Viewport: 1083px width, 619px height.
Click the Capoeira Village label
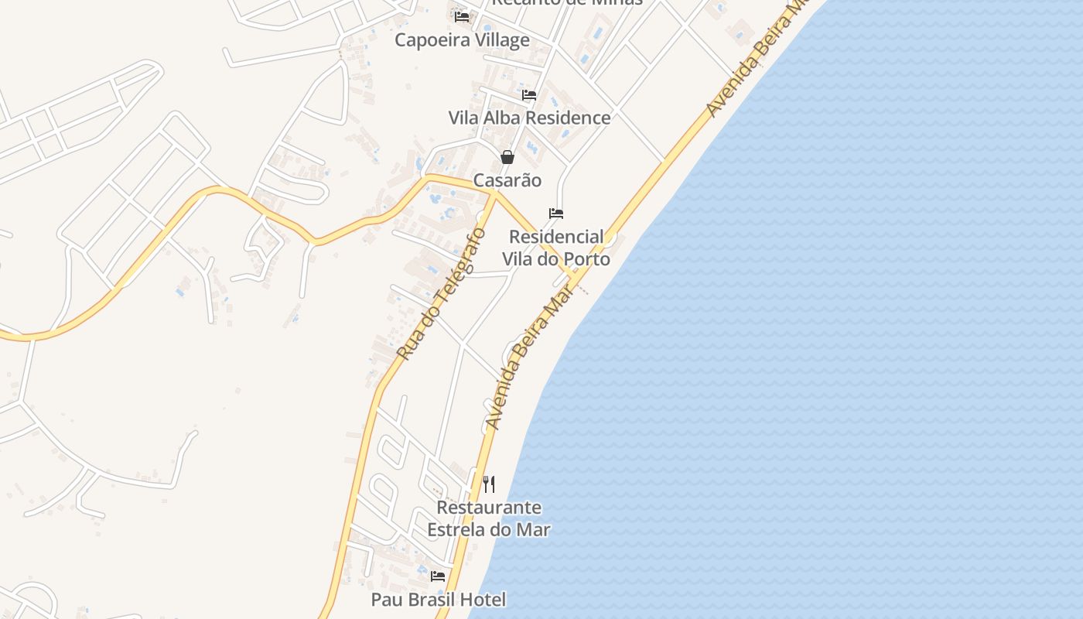pyautogui.click(x=462, y=40)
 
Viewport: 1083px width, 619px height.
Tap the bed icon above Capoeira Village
pyautogui.click(x=462, y=16)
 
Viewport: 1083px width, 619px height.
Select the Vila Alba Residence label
pyautogui.click(x=529, y=118)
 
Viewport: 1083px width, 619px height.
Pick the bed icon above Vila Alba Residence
pyautogui.click(x=529, y=95)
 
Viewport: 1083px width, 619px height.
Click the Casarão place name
pyautogui.click(x=507, y=180)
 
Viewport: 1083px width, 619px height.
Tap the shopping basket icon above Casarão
pyautogui.click(x=507, y=157)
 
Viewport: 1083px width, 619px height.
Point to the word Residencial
pyautogui.click(x=556, y=237)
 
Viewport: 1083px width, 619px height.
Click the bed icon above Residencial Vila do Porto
pyautogui.click(x=556, y=214)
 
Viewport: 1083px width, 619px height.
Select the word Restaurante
pyautogui.click(x=489, y=508)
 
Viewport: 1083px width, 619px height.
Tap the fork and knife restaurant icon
pyautogui.click(x=489, y=484)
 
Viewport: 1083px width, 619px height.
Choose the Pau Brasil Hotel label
pyautogui.click(x=438, y=600)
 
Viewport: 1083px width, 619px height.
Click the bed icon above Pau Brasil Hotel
pyautogui.click(x=438, y=576)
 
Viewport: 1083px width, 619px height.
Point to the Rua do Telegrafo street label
pyautogui.click(x=441, y=294)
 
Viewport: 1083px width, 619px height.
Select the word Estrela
pyautogui.click(x=457, y=530)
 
